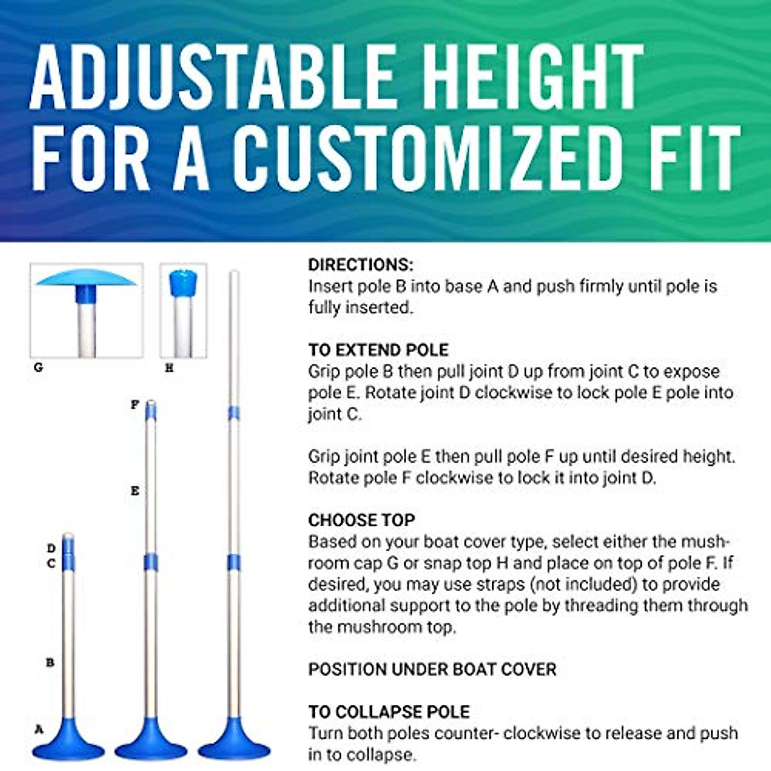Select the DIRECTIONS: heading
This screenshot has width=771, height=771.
coord(360,265)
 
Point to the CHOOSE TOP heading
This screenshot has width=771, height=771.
coord(362,520)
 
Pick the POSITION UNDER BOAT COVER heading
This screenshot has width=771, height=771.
coord(432,669)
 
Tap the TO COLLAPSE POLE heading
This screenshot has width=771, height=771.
coord(389,712)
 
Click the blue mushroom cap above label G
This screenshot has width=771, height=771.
coord(85,278)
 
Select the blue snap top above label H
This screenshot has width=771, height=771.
coord(182,283)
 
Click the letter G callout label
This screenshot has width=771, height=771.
coord(39,368)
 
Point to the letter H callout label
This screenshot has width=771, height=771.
coord(169,368)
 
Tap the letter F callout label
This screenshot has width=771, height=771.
coord(135,405)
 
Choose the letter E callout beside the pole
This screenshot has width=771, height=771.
coord(135,491)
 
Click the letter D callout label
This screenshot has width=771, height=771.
coord(51,548)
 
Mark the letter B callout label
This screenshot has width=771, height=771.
coord(50,662)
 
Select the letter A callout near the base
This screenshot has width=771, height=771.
coord(39,729)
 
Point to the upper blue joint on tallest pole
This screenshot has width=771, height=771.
coord(234,413)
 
